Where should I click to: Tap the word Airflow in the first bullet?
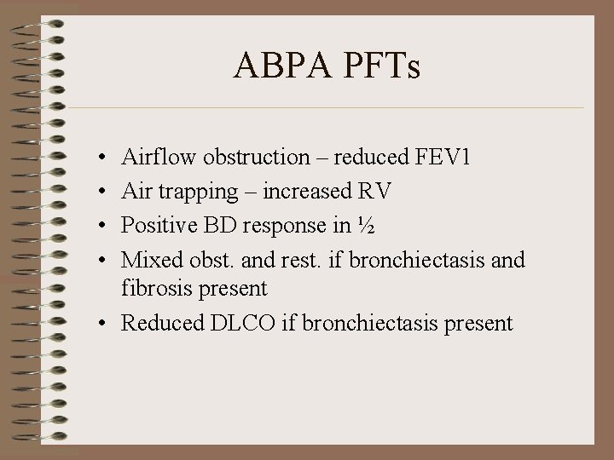tap(151, 158)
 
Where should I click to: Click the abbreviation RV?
tap(377, 191)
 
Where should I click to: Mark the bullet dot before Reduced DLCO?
tap(101, 324)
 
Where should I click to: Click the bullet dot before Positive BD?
tap(101, 225)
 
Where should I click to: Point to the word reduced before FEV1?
tap(364, 158)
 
